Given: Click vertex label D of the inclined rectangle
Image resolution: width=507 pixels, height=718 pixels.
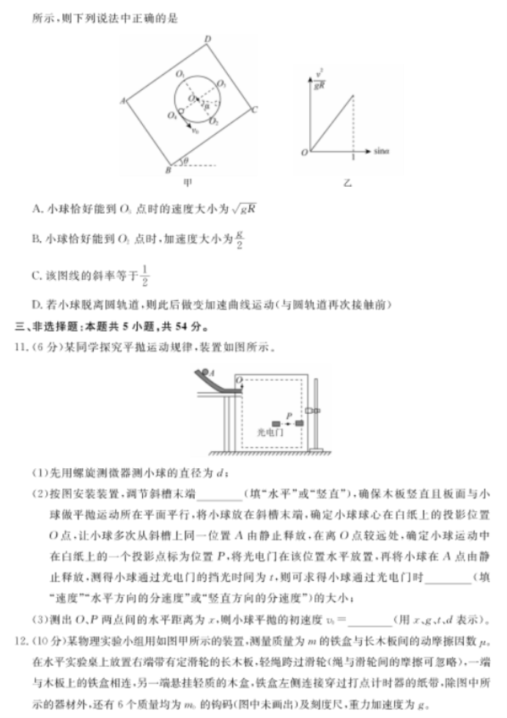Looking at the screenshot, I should point(208,39).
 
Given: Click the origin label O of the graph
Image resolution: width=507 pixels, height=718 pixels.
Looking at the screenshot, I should point(303,152).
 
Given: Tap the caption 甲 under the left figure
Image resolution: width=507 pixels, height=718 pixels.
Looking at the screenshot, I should point(188,183).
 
